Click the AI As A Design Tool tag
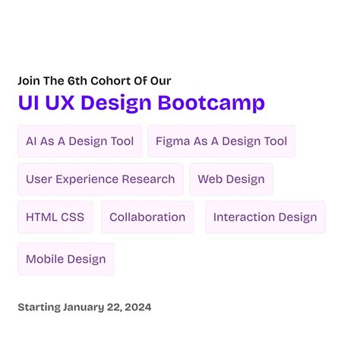tap(80, 141)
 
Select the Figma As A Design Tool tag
tap(221, 141)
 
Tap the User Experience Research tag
tap(100, 179)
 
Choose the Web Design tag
tap(231, 179)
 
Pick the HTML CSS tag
tap(55, 217)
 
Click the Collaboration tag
tap(147, 217)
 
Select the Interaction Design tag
tap(265, 217)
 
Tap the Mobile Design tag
tap(66, 259)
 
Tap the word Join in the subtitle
tap(29, 81)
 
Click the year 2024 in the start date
tap(137, 307)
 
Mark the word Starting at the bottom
tap(39, 307)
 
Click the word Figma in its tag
tap(172, 141)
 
